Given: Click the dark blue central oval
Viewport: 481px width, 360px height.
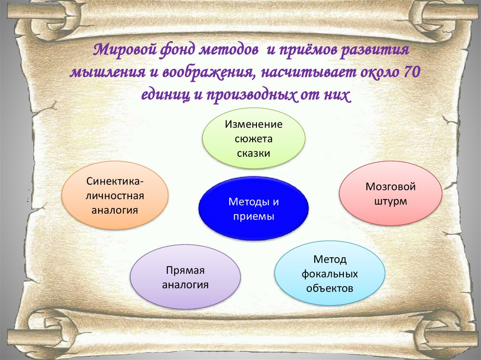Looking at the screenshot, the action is pos(253,208).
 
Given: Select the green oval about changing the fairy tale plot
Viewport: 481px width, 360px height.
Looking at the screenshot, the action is pos(254,138).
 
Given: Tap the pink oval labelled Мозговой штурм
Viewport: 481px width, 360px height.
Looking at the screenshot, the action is pos(390,193).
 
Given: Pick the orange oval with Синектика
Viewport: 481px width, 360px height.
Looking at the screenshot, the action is pos(115,195).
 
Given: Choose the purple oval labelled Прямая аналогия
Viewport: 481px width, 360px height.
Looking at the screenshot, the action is pos(185,276).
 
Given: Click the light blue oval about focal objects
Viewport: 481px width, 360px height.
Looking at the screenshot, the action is pos(330,273).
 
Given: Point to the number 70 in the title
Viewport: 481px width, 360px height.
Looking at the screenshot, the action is pos(411,72).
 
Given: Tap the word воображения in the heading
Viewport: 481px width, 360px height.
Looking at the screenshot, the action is pos(209,73).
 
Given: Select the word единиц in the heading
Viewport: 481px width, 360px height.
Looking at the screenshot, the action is pos(166,95).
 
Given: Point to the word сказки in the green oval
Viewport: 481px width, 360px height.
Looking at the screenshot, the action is pos(253,153).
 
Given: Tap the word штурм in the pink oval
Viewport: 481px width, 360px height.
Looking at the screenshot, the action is pos(390,201).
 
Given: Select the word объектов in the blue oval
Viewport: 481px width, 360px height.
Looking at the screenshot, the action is pos(330,288).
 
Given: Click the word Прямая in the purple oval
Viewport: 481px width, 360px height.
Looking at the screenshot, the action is pos(185,270).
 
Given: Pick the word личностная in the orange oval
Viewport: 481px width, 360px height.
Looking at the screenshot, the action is pos(115,196).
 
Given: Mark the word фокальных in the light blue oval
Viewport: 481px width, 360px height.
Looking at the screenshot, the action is pos(330,274).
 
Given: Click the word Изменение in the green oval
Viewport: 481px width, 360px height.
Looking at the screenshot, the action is pos(254,124).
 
